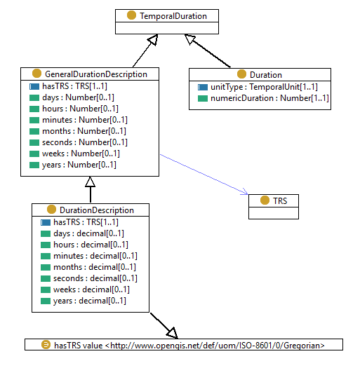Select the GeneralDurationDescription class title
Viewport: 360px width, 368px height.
pos(95,74)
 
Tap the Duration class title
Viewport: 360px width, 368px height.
pos(265,74)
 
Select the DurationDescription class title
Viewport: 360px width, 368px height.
pos(95,210)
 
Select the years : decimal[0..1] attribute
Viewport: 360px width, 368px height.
pos(89,301)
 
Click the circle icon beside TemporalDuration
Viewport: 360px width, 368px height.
pos(131,15)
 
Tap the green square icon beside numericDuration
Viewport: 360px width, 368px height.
pos(203,98)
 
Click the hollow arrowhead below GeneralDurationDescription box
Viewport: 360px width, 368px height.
pos(90,182)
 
